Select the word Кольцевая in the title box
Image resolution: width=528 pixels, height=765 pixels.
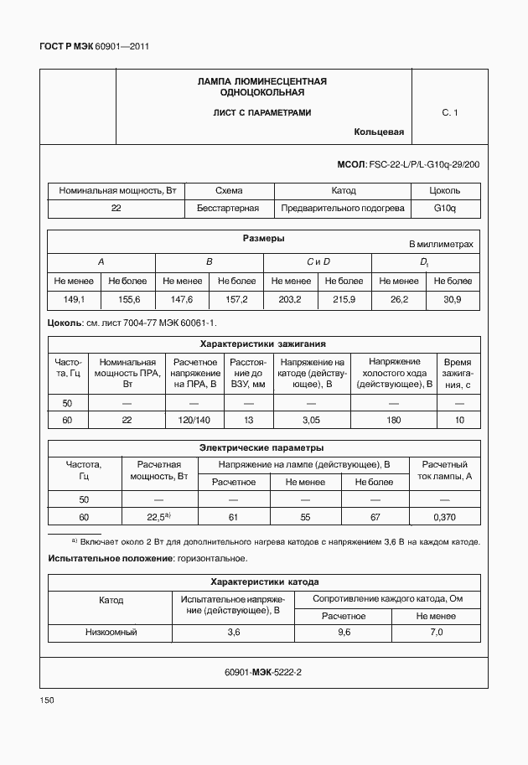[379, 132]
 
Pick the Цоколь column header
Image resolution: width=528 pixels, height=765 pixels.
[444, 190]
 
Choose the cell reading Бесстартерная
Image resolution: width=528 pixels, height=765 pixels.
[228, 208]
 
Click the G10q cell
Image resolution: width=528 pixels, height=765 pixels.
[444, 208]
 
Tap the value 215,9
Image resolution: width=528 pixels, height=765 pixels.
[344, 299]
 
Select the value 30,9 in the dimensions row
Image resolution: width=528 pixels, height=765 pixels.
[453, 299]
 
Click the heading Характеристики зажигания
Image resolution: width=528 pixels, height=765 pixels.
[263, 344]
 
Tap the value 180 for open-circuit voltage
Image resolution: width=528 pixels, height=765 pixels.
[394, 420]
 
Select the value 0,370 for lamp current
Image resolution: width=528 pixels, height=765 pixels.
[444, 517]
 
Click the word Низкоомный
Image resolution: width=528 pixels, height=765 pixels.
[111, 632]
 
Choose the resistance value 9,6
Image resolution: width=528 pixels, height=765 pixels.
[344, 632]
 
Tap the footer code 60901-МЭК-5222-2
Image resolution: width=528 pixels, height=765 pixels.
[263, 672]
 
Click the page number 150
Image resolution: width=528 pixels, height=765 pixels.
[47, 700]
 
